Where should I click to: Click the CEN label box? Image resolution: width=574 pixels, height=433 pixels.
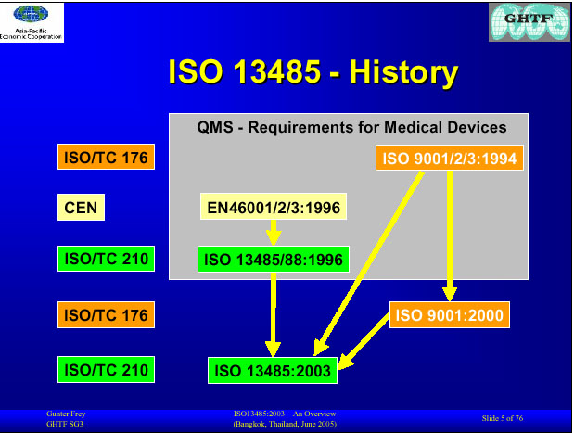[81, 207]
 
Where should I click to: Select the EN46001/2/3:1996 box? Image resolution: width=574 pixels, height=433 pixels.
[274, 207]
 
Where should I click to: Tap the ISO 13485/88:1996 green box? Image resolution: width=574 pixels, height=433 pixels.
[274, 259]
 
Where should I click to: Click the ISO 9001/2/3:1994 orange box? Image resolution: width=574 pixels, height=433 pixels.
[450, 158]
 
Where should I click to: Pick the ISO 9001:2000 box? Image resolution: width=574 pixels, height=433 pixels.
[450, 314]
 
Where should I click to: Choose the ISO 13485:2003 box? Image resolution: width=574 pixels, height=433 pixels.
[273, 370]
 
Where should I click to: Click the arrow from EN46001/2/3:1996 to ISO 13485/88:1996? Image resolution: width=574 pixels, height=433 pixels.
[274, 233]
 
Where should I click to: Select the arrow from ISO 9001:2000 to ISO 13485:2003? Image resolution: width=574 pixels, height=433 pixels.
[364, 341]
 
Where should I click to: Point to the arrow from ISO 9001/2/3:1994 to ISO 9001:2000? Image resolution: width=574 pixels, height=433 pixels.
[450, 236]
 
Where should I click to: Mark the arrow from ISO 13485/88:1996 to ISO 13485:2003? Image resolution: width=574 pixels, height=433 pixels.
[273, 314]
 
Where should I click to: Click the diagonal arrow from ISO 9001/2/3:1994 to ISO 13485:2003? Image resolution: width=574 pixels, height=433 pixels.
[368, 263]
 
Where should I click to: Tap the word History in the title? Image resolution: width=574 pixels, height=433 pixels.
[403, 71]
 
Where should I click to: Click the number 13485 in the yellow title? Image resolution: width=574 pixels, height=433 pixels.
[277, 71]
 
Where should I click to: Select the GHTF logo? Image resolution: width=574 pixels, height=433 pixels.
[529, 22]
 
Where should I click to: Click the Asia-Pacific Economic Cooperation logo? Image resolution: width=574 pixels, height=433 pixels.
[32, 22]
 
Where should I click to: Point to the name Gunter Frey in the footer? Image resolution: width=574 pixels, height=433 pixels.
[66, 414]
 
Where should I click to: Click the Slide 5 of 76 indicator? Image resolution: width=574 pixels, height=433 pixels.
[503, 418]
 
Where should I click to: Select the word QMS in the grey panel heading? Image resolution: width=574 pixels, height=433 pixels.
[215, 127]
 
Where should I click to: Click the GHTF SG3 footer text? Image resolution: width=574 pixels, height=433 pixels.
[65, 424]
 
